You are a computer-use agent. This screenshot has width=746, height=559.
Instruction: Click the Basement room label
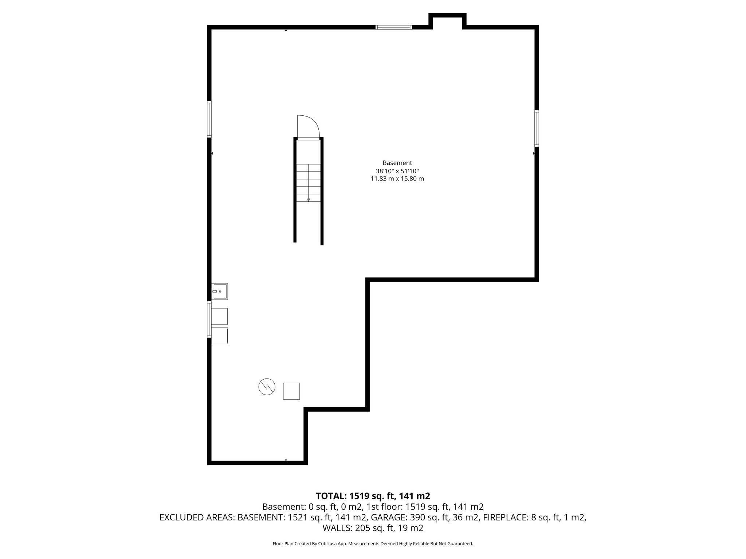pyautogui.click(x=397, y=163)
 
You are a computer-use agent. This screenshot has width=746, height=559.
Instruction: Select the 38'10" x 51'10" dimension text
pyautogui.click(x=397, y=171)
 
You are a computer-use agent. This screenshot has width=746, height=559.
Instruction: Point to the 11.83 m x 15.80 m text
pyautogui.click(x=397, y=179)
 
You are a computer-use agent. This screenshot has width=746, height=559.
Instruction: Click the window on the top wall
pyautogui.click(x=393, y=27)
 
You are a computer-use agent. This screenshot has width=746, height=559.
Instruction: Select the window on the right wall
pyautogui.click(x=537, y=128)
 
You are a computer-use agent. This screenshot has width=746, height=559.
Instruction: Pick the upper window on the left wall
pyautogui.click(x=209, y=119)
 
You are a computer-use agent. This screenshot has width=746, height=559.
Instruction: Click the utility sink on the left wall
pyautogui.click(x=220, y=292)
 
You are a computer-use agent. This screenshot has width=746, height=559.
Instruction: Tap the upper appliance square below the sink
pyautogui.click(x=220, y=316)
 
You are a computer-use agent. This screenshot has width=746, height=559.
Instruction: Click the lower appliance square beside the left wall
pyautogui.click(x=220, y=336)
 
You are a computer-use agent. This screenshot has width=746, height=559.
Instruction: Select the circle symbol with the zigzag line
pyautogui.click(x=267, y=387)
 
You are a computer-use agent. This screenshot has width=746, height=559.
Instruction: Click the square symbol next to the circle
pyautogui.click(x=291, y=391)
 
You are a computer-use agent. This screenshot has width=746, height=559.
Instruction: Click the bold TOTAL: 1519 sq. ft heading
pyautogui.click(x=373, y=496)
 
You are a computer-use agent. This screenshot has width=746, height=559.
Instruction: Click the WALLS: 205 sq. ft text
pyautogui.click(x=373, y=528)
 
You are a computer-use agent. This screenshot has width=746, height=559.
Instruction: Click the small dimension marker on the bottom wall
pyautogui.click(x=286, y=460)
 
